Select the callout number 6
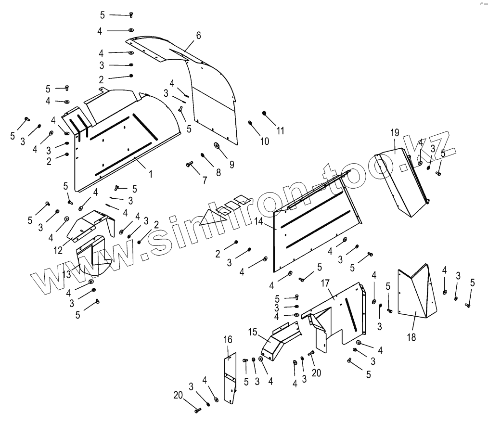198,35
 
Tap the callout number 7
205,180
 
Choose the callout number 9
231,164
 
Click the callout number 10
265,141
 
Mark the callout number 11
280,130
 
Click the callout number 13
66,274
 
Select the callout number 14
259,222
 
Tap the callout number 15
253,332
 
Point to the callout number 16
228,340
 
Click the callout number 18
411,337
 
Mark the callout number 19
395,132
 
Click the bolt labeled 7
189,165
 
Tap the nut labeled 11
265,113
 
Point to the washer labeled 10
251,123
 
